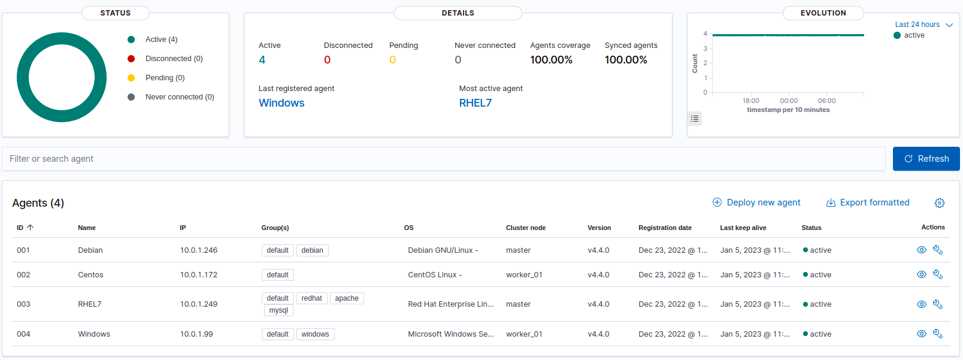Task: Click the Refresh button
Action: (x=926, y=159)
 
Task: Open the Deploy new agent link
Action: (x=756, y=202)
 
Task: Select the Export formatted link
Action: (x=868, y=202)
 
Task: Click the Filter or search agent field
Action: (x=443, y=159)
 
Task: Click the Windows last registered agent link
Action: (x=281, y=103)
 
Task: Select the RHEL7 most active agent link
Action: (x=475, y=103)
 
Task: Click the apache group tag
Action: (x=347, y=298)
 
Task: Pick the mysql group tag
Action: (x=278, y=310)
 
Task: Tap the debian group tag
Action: (x=312, y=250)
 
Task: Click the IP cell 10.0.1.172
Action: (x=199, y=275)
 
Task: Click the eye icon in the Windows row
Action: (x=922, y=334)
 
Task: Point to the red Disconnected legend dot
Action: (x=131, y=59)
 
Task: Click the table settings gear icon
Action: (x=940, y=203)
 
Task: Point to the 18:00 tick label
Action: (x=750, y=101)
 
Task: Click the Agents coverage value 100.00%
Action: (x=551, y=60)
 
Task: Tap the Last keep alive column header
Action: (x=743, y=228)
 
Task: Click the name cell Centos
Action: (x=90, y=275)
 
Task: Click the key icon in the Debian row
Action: (x=938, y=250)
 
